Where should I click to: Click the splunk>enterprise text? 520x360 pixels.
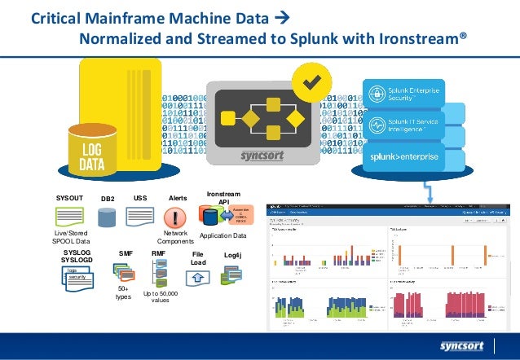tap(405, 155)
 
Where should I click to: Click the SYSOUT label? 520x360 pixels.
tap(70, 198)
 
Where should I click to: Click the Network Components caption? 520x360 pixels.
tap(175, 238)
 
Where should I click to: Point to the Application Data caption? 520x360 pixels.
tap(223, 235)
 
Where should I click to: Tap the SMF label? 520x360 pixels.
tap(126, 254)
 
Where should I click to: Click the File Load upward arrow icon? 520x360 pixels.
tap(196, 279)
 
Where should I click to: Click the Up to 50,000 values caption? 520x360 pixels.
tap(161, 296)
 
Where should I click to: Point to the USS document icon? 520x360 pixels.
tap(140, 217)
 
